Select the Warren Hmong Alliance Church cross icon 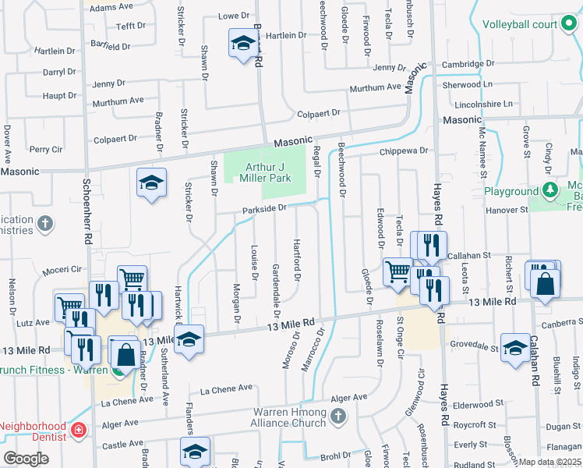point(337,416)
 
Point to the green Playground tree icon point(550,190)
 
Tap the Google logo point(26,459)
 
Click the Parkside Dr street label point(265,208)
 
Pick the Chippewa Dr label point(405,151)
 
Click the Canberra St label point(562,323)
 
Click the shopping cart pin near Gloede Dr point(397,271)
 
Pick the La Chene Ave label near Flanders point(226,388)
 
